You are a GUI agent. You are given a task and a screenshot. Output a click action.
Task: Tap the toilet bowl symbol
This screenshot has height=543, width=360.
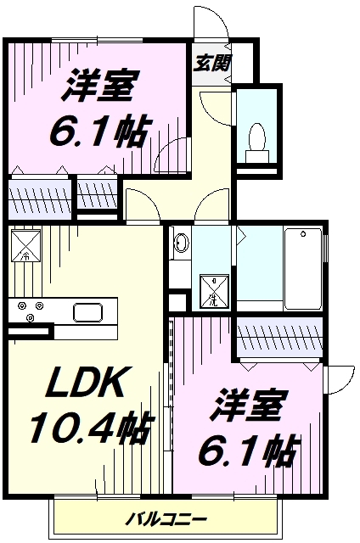click(257, 142)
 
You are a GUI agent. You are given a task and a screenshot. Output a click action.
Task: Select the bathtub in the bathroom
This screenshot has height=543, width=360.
click(302, 268)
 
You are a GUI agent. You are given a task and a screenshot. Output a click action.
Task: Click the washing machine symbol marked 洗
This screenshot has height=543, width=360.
click(214, 291)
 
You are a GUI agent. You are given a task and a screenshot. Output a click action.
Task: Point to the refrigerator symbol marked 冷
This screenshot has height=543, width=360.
click(26, 245)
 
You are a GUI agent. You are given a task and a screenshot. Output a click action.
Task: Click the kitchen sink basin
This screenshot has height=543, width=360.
click(88, 311)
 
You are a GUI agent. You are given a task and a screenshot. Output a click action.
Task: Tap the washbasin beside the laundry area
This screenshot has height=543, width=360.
click(181, 243)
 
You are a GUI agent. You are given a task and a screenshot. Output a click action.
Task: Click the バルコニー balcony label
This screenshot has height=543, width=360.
click(166, 519)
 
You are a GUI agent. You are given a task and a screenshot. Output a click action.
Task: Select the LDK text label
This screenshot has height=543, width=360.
click(87, 383)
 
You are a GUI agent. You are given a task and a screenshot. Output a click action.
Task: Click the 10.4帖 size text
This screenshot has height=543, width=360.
click(92, 428)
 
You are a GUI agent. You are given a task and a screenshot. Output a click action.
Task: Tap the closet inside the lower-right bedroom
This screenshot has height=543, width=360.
click(279, 338)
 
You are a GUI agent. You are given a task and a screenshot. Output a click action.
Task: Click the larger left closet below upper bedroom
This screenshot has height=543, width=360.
click(39, 199)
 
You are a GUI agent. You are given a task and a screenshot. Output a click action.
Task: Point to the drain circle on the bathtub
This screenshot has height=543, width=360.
click(303, 234)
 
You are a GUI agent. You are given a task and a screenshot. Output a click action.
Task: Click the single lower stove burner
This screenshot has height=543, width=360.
click(31, 316)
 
